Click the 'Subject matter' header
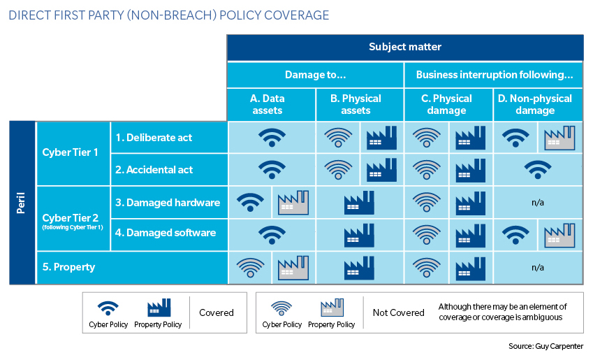[405, 47]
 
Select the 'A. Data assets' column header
[268, 104]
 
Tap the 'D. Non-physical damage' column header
[535, 104]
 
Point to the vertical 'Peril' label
[21, 203]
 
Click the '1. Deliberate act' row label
[154, 138]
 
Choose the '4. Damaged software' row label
[166, 233]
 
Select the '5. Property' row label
[68, 267]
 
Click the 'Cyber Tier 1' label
[70, 152]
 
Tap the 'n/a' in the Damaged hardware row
[538, 203]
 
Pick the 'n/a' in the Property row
[538, 268]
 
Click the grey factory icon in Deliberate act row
[559, 138]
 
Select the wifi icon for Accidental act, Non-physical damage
[538, 170]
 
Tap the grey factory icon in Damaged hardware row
[293, 203]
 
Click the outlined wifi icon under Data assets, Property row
[250, 268]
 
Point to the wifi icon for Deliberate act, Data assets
[272, 138]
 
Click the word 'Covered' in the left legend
[217, 312]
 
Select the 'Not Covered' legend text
[399, 312]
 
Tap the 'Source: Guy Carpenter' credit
[546, 346]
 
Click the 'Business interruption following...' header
[495, 75]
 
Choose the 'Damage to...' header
[316, 75]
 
